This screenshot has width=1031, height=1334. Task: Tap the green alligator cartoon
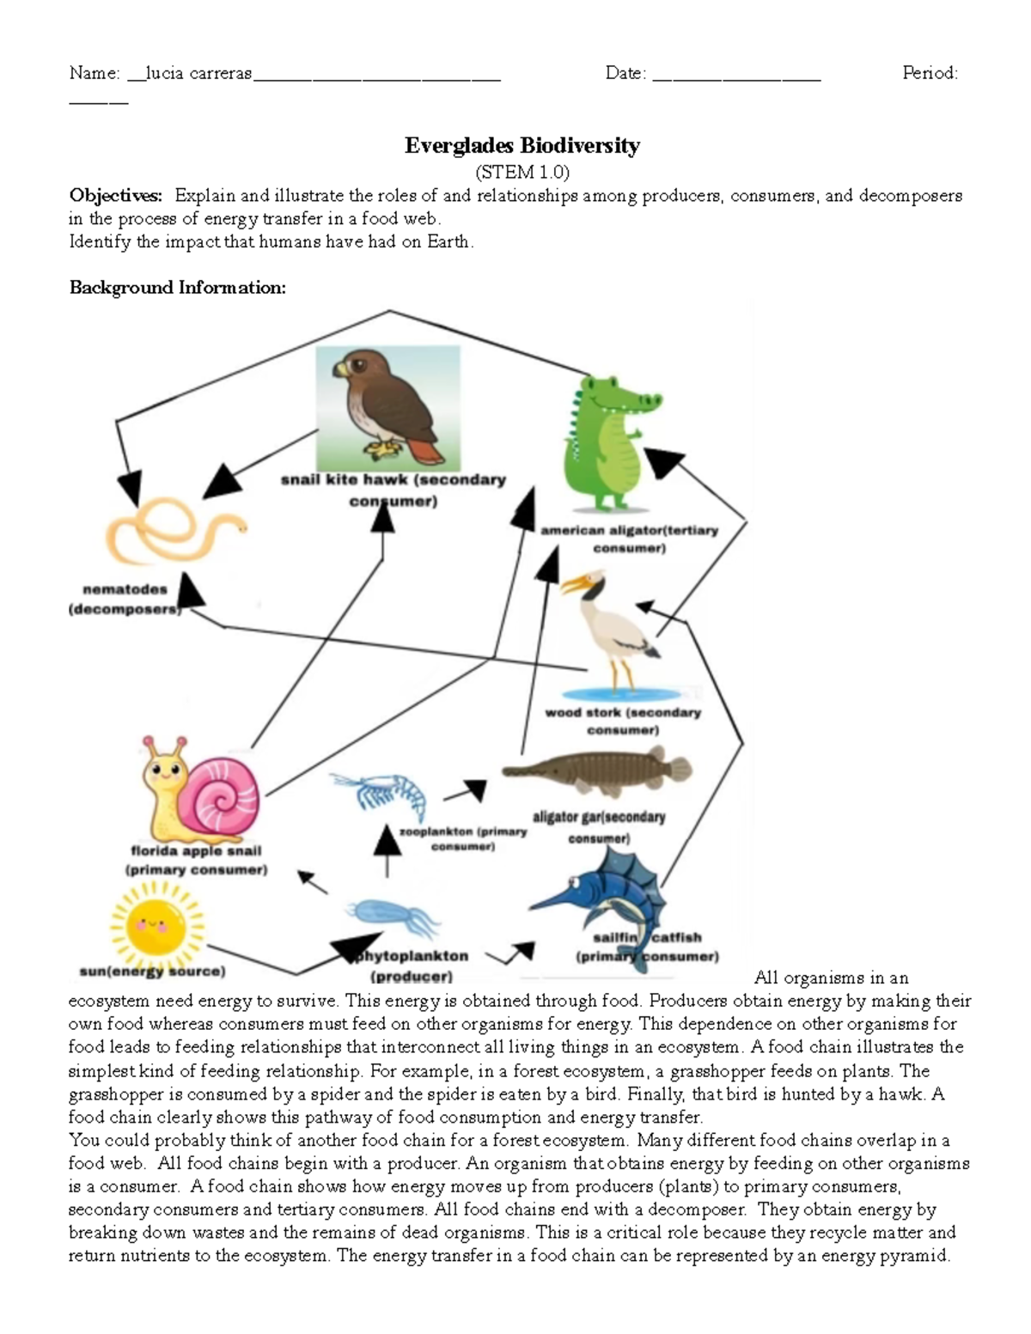(x=608, y=442)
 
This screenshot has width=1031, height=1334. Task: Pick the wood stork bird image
(x=613, y=631)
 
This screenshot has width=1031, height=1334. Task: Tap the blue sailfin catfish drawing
(x=610, y=902)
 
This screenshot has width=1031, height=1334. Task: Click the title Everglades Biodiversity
(x=522, y=145)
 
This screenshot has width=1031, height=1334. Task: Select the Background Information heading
(x=178, y=288)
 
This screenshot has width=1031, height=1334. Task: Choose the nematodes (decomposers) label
(x=125, y=600)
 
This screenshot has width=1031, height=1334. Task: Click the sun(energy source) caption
(x=152, y=972)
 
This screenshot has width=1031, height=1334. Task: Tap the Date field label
(x=625, y=74)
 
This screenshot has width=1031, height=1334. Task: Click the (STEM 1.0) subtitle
(x=522, y=172)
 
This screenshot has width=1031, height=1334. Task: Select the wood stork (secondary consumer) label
(x=623, y=721)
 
